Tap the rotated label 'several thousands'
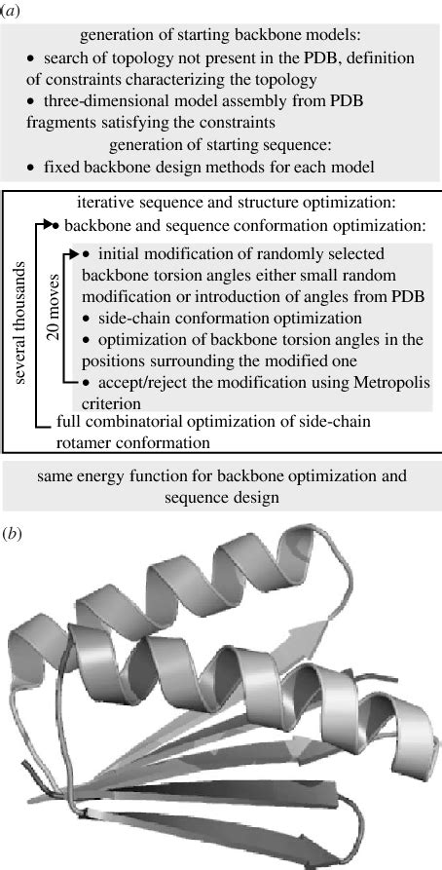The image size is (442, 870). [21, 319]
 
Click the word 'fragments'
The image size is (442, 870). [55, 122]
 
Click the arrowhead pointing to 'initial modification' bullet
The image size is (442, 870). [77, 254]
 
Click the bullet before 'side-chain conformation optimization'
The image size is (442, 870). [86, 319]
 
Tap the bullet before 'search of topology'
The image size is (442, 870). [31, 57]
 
